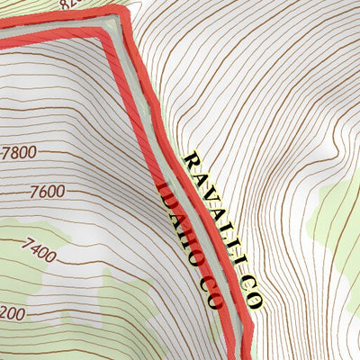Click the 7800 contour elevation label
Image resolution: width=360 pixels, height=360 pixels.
[19, 152]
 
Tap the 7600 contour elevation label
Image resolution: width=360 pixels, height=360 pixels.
[47, 192]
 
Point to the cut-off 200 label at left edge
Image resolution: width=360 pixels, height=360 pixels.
[12, 312]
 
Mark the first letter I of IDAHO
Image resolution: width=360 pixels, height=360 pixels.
[164, 189]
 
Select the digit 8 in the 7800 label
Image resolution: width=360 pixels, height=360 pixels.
[16, 152]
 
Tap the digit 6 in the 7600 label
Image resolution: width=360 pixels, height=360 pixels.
[44, 192]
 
